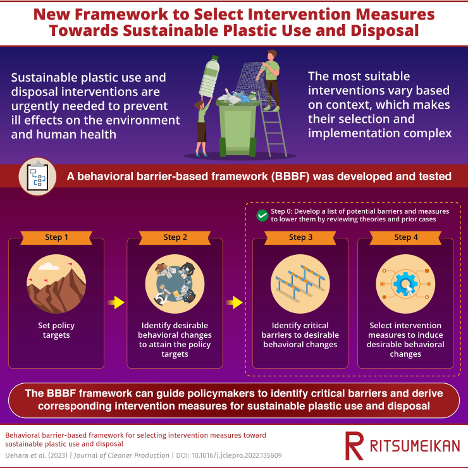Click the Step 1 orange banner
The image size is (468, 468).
click(56, 238)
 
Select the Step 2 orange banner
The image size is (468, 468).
click(175, 238)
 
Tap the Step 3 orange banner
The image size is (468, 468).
click(300, 238)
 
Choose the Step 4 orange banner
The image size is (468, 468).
click(405, 238)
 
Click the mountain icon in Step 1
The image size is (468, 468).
click(56, 284)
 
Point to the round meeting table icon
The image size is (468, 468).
click(175, 284)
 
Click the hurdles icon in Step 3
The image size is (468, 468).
click(300, 284)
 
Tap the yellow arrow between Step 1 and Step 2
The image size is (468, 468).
click(116, 303)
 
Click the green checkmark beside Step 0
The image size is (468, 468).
click(262, 216)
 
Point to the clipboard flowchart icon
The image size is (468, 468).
click(37, 176)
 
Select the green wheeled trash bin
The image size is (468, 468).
click(238, 128)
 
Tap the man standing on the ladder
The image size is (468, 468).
click(270, 80)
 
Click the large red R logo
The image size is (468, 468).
click(354, 446)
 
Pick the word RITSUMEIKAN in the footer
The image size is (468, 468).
click(415, 446)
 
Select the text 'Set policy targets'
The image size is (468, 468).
click(56, 330)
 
